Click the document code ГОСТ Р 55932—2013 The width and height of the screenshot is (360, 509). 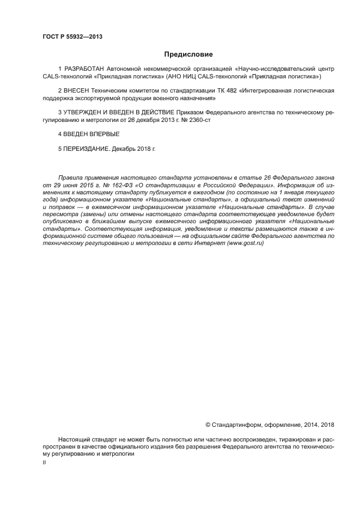tap(72, 37)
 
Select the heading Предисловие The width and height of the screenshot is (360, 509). tap(188, 54)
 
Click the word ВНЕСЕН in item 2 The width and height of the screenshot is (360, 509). tap(75, 90)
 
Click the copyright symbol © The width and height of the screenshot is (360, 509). tap(208, 424)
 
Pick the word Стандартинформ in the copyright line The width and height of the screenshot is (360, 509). tap(235, 424)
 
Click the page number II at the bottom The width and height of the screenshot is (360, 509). tap(44, 462)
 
